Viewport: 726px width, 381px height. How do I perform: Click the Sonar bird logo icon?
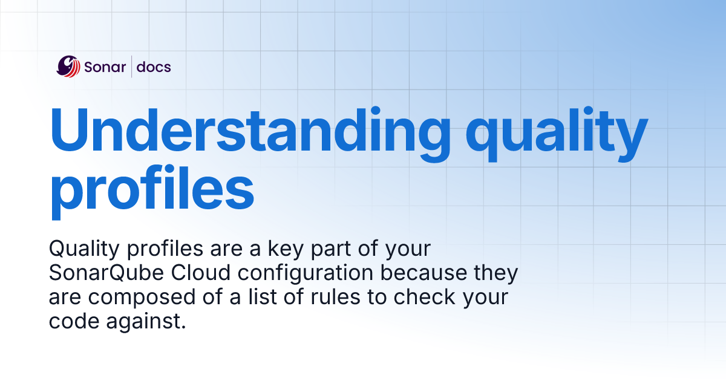click(68, 67)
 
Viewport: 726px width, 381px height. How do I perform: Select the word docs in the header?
click(154, 67)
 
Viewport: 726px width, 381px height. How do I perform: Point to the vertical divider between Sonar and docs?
click(131, 67)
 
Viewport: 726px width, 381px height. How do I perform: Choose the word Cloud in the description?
click(200, 273)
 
